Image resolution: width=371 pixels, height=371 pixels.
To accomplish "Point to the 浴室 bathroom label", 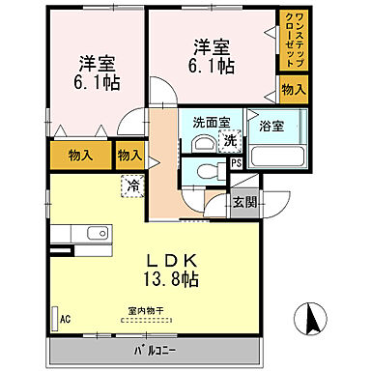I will pos(271,126).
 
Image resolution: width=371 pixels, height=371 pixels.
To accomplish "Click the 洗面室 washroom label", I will pos(211,124).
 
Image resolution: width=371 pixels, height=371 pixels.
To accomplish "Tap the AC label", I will pos(66,318).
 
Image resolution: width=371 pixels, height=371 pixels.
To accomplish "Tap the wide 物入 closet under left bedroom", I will pos(80,154).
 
